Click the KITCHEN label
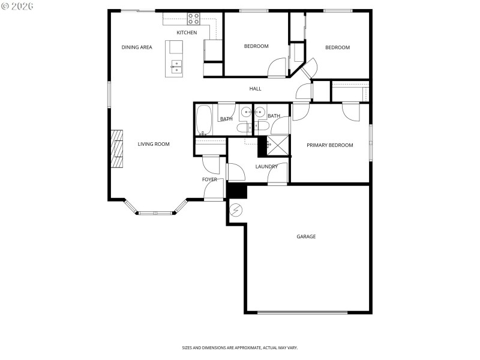[186, 32]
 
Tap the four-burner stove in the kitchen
[193, 19]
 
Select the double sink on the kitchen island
[177, 67]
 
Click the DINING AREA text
[137, 47]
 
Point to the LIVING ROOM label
[154, 144]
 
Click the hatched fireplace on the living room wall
[116, 148]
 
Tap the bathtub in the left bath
[204, 120]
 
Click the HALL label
[256, 89]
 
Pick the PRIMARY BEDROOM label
[329, 145]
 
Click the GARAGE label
[306, 236]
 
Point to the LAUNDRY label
[266, 167]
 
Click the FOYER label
[209, 179]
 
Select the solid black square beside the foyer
[238, 190]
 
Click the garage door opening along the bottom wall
[302, 312]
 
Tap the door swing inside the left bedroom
[277, 67]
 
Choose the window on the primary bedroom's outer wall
[371, 142]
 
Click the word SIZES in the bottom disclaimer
[188, 348]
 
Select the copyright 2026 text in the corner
[17, 5]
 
